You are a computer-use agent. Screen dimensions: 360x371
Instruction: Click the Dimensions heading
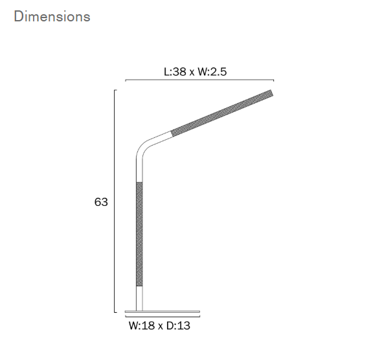click(52, 17)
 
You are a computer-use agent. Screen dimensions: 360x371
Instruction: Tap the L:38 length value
click(175, 71)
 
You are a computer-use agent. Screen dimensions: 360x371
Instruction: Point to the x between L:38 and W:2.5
click(192, 72)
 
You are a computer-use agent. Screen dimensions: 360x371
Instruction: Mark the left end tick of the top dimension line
click(125, 82)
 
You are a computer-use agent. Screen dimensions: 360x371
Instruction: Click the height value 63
click(101, 202)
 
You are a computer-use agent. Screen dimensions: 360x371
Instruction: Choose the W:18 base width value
click(142, 326)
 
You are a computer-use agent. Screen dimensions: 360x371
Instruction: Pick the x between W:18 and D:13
click(160, 327)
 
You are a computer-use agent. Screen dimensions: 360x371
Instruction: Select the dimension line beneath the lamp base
click(162, 317)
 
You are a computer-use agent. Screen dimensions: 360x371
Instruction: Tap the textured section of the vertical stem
click(138, 233)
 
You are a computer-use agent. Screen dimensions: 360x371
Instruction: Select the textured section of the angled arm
click(220, 113)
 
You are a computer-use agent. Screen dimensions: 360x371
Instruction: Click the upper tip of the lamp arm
click(271, 93)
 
